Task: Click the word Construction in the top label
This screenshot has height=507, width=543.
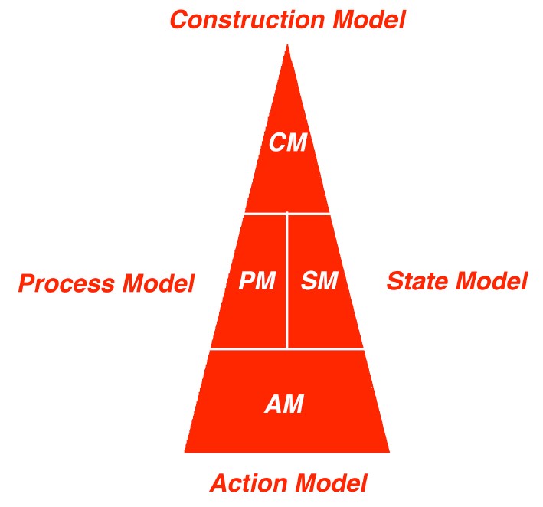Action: tap(247, 19)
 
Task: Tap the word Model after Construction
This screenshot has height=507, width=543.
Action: tap(369, 19)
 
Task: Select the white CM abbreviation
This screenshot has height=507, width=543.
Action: tap(288, 142)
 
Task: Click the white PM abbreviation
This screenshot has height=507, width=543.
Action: tap(257, 280)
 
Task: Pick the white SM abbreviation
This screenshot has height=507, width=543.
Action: tap(319, 280)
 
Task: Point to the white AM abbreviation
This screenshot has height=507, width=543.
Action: tap(284, 404)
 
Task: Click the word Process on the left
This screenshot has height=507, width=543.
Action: tap(66, 283)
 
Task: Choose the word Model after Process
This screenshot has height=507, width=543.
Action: tap(159, 283)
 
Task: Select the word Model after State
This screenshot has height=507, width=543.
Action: tap(492, 281)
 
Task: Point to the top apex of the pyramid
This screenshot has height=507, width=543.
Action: tap(287, 44)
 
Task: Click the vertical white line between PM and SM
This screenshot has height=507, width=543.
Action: tap(287, 280)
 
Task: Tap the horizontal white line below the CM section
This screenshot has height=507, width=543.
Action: tap(287, 214)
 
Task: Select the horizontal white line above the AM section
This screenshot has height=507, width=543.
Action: tap(287, 349)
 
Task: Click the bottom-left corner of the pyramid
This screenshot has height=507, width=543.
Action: tap(185, 453)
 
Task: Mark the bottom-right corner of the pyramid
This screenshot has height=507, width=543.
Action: tap(390, 453)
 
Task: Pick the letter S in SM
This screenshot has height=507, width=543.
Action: tap(309, 280)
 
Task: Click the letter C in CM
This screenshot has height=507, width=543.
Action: tap(277, 142)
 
